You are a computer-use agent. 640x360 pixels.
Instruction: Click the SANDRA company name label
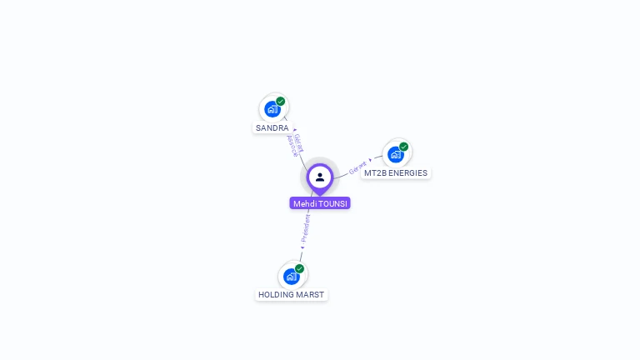(x=272, y=128)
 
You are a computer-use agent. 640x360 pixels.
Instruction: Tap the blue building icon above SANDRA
(x=272, y=109)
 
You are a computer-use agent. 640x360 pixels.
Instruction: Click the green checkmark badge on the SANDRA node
(x=281, y=101)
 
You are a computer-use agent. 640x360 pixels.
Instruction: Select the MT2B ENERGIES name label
(x=396, y=173)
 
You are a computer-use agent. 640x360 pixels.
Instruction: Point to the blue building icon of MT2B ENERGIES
(x=395, y=154)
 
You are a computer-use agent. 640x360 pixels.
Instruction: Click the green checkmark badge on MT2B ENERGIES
(x=404, y=147)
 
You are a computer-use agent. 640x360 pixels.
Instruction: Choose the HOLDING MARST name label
(x=292, y=295)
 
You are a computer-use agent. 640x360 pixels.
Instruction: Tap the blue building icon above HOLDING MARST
(x=291, y=276)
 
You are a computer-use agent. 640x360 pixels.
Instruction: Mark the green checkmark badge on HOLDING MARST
(x=299, y=268)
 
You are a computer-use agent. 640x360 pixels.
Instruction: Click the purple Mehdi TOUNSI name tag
(x=320, y=203)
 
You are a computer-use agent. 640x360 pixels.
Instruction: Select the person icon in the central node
(x=320, y=177)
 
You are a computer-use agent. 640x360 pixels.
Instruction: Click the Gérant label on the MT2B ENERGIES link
(x=358, y=167)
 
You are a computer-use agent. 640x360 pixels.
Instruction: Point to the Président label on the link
(x=306, y=227)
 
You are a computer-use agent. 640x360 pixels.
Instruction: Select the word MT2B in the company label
(x=374, y=173)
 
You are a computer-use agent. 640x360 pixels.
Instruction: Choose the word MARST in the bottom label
(x=310, y=295)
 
